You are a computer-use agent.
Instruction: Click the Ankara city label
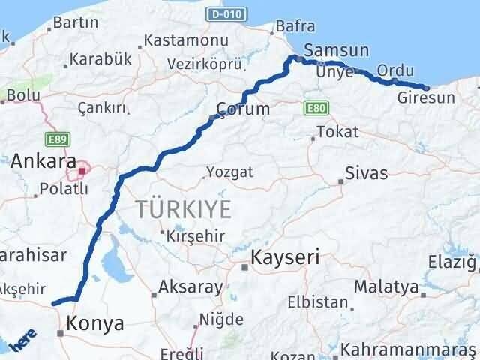coord(43,160)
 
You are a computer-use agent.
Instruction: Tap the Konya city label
coord(95,324)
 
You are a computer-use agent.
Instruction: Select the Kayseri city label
coord(286,257)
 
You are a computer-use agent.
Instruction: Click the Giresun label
coord(427,98)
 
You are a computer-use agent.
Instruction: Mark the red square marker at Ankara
coord(82,171)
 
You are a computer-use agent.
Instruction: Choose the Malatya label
coord(397,286)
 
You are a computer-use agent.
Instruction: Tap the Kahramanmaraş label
coord(409,349)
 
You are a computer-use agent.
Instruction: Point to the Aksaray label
coord(190,286)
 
